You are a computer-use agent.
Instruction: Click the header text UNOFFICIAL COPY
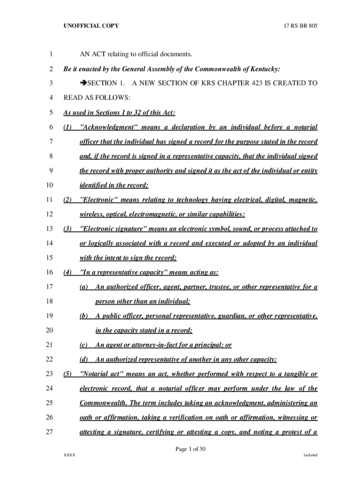click(x=91, y=26)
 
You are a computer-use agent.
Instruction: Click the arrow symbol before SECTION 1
click(x=84, y=84)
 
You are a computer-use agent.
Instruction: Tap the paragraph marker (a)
click(x=84, y=287)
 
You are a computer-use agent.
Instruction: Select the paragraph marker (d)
click(x=84, y=359)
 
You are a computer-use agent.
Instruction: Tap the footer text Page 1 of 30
click(x=191, y=450)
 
